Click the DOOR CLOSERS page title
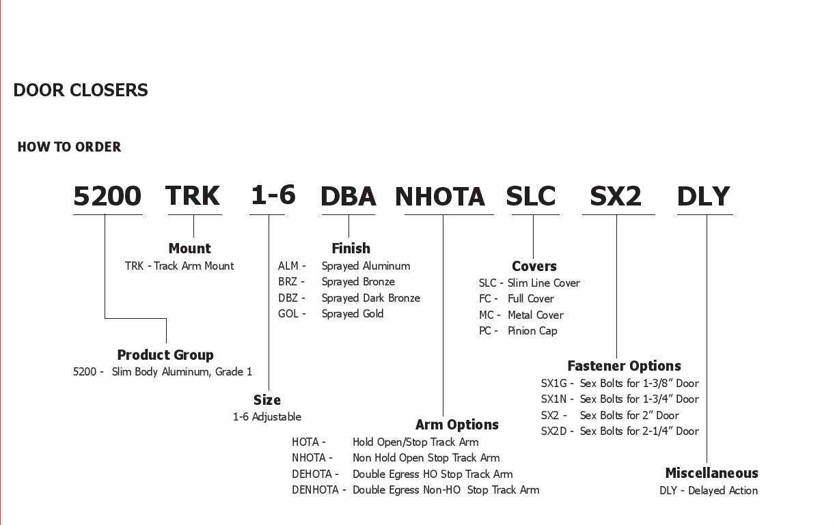[x=81, y=90]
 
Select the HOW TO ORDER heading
[x=69, y=147]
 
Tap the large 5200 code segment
[x=107, y=197]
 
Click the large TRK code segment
[x=193, y=196]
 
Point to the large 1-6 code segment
[x=273, y=195]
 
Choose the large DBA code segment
[x=348, y=197]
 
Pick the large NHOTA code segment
[x=440, y=197]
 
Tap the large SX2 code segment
[x=616, y=197]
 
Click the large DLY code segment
[x=704, y=197]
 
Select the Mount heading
[x=189, y=249]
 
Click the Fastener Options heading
[x=624, y=366]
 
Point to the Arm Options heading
[x=456, y=425]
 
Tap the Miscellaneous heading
[x=711, y=473]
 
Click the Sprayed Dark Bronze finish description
[x=370, y=298]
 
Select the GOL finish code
[x=288, y=314]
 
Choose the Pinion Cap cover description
[x=532, y=331]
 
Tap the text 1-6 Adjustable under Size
[x=266, y=417]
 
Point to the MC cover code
[x=487, y=315]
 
